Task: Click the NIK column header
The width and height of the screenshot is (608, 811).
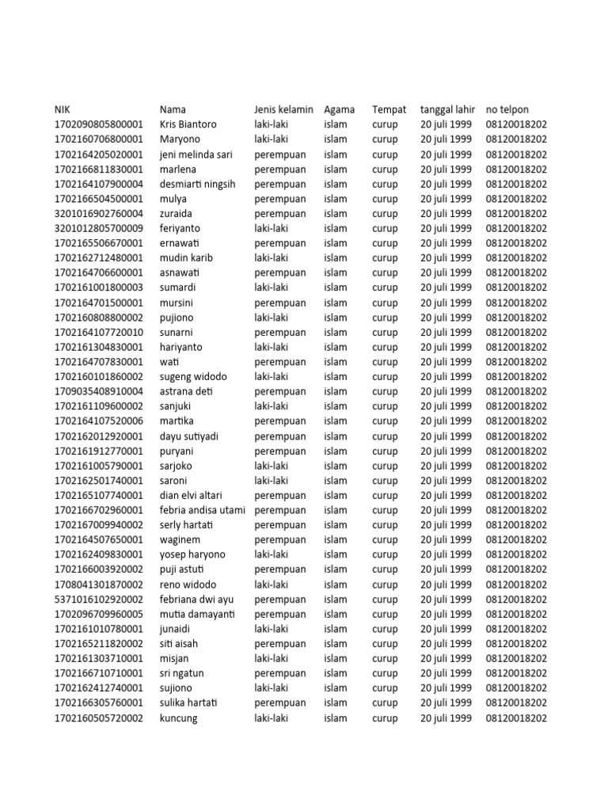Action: [63, 109]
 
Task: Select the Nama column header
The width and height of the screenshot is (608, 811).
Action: [173, 109]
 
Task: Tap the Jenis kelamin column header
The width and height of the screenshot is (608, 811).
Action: [283, 109]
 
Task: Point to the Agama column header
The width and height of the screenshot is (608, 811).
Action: [339, 109]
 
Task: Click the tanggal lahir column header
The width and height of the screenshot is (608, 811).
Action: [447, 109]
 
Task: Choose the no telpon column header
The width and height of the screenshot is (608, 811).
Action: [507, 109]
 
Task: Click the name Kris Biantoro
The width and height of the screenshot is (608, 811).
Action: [188, 124]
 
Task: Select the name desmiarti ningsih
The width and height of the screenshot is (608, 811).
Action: [197, 184]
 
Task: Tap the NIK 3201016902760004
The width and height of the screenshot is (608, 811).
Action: [99, 213]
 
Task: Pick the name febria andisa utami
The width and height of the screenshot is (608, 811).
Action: [202, 510]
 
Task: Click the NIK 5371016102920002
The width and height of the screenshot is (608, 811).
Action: [99, 600]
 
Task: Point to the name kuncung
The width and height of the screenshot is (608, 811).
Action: [178, 718]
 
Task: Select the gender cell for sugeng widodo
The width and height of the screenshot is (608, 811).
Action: [271, 376]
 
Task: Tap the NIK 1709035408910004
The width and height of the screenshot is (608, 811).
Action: [99, 391]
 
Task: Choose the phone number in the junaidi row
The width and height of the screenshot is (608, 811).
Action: [515, 629]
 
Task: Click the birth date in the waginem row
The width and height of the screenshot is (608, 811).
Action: [446, 540]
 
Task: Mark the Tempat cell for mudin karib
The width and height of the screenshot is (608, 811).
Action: [385, 257]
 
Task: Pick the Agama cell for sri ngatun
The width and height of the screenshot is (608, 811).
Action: [336, 673]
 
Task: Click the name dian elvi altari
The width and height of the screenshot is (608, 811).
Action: [191, 495]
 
